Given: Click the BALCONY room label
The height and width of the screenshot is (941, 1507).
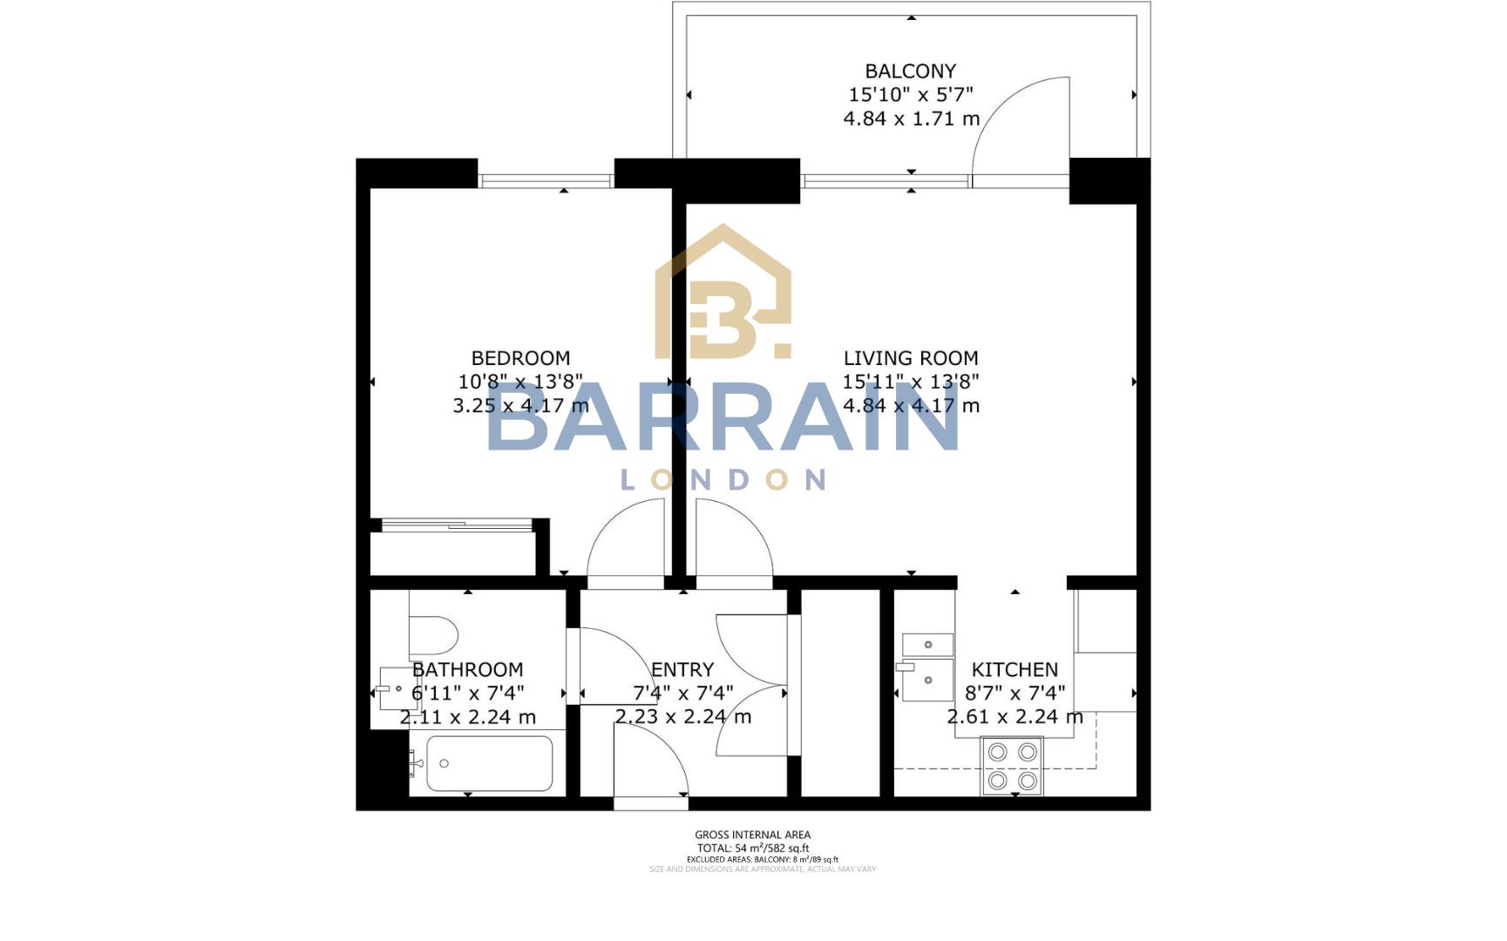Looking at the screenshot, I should click(910, 71).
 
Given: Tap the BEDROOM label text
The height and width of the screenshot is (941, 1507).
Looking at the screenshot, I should click(520, 358).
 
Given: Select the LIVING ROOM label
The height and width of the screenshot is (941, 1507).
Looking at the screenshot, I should click(911, 358).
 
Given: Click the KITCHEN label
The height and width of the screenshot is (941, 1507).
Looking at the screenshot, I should click(1015, 670).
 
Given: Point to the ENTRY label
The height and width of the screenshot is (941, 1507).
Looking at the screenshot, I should click(682, 670).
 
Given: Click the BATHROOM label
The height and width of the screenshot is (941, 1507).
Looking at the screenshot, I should click(467, 670).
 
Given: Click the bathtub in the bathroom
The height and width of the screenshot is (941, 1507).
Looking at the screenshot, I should click(489, 764).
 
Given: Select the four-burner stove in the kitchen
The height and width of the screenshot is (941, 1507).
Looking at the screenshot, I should click(1013, 766).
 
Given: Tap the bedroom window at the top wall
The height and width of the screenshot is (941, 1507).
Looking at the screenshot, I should click(546, 181).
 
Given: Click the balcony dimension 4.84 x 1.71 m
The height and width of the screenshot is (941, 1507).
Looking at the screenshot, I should click(911, 118).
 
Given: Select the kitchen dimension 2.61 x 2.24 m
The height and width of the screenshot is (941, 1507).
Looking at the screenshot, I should click(1015, 717).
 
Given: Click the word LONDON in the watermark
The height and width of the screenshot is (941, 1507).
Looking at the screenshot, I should click(723, 480).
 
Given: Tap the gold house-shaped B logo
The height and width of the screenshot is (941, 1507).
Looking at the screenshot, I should click(723, 296).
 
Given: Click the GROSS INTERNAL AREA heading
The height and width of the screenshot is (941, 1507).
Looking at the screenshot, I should click(752, 835).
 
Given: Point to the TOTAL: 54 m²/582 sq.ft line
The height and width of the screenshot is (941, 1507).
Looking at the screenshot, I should click(752, 848).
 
